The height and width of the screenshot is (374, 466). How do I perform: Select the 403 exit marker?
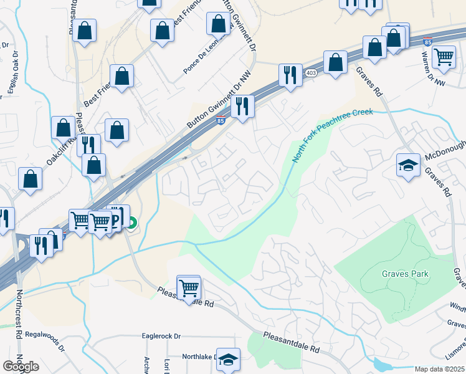310,74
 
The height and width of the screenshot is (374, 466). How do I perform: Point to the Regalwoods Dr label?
44,342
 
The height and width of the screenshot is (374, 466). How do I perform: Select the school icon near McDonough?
408,165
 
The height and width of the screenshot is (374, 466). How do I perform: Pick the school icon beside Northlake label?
229,359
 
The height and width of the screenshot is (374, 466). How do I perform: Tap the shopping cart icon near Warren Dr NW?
444,56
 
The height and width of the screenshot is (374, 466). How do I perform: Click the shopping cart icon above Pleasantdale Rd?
189,287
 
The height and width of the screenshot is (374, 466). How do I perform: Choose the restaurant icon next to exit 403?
290,75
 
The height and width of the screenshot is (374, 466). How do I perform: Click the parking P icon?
117,218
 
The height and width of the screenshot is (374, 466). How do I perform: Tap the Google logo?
21,367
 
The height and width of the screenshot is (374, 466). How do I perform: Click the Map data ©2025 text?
439,369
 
